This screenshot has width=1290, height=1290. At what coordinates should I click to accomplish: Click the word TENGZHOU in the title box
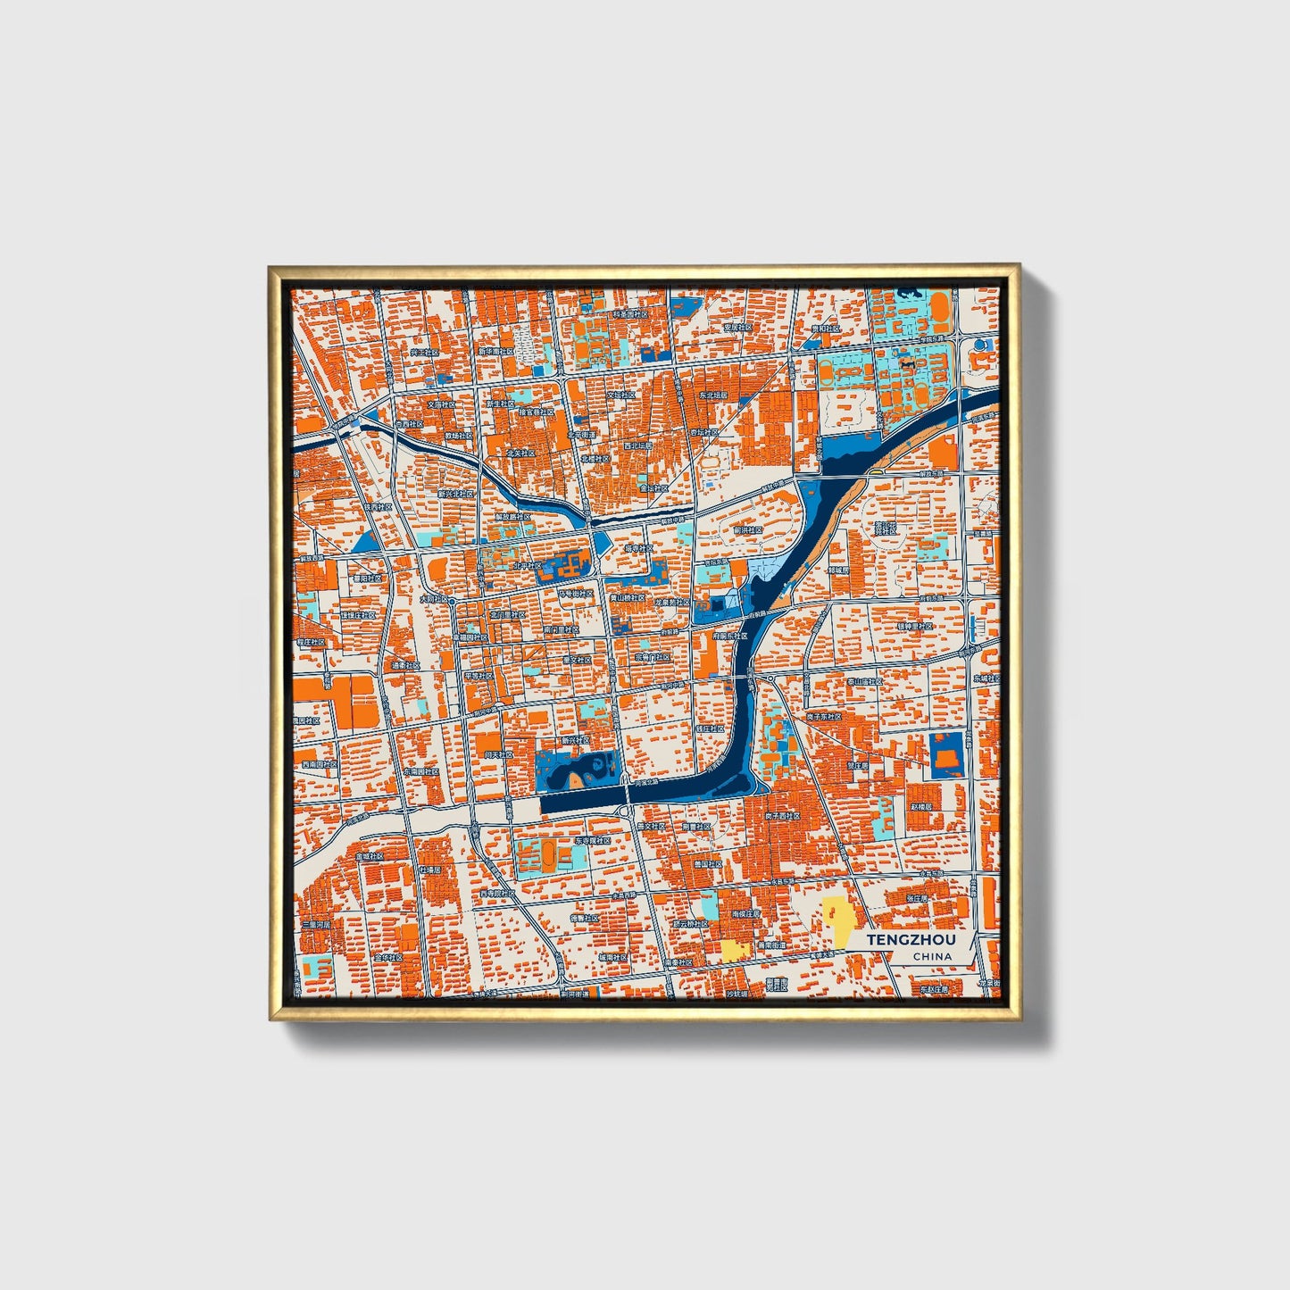pos(911,940)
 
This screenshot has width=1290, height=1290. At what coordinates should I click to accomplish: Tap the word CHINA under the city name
pos(932,956)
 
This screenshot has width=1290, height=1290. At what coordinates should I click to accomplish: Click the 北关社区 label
pos(520,453)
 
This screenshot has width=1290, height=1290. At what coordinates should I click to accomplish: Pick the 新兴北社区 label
pos(454,493)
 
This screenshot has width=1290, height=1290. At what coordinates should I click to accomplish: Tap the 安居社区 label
pos(737,328)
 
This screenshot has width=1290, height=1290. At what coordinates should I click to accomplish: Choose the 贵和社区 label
pos(825,329)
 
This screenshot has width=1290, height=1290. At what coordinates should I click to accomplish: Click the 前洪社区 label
pos(748,529)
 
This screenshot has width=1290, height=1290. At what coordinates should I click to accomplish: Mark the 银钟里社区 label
pos(915,626)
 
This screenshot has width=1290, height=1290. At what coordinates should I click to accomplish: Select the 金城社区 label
pos(369,856)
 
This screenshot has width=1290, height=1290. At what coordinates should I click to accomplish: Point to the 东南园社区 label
pos(420,770)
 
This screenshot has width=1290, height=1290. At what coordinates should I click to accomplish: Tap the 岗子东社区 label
pos(824,716)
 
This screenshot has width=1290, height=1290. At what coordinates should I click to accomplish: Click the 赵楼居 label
pos(920,806)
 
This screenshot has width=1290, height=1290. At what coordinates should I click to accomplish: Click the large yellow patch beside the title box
pos(836,920)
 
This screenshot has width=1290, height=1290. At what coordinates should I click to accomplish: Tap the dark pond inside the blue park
pos(590,767)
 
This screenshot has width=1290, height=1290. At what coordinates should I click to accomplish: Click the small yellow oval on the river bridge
pos(878,470)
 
